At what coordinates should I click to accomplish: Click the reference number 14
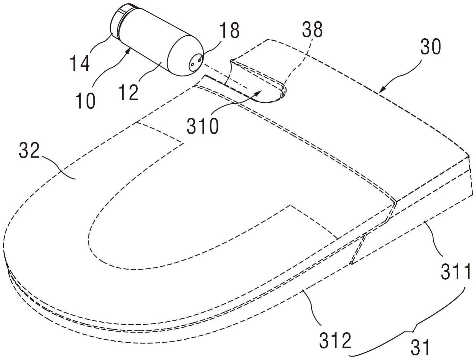click(80, 63)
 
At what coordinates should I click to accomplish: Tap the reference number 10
click(86, 101)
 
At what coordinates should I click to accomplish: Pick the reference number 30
click(431, 48)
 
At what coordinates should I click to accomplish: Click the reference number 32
click(29, 151)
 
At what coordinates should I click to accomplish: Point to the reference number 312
click(335, 340)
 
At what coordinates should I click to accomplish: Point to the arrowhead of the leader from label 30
click(381, 91)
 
